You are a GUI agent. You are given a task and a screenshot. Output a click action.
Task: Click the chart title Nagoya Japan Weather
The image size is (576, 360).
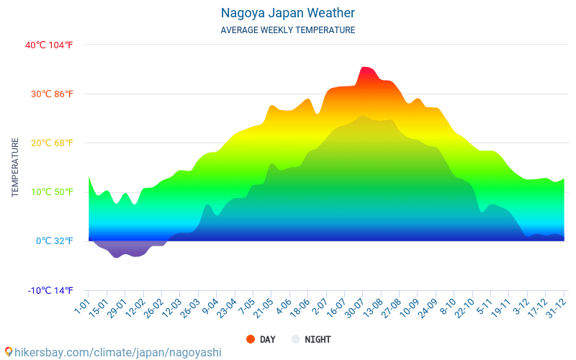click(287, 13)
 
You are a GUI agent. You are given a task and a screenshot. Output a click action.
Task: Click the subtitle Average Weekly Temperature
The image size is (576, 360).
click(287, 30)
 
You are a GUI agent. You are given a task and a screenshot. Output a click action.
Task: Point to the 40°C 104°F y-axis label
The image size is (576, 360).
click(49, 45)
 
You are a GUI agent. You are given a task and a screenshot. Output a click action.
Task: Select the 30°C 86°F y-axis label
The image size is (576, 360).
click(49, 94)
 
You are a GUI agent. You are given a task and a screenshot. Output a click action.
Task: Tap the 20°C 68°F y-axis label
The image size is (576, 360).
click(49, 143)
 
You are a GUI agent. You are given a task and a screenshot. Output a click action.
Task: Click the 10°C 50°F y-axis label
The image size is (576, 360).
click(49, 192)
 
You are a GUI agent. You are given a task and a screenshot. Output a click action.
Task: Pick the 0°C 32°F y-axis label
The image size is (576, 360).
click(55, 240)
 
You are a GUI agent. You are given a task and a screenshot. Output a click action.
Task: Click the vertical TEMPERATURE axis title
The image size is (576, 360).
click(15, 167)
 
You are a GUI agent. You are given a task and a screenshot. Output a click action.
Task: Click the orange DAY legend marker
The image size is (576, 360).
click(251, 339)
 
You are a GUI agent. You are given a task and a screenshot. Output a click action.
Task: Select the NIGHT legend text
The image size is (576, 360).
click(318, 339)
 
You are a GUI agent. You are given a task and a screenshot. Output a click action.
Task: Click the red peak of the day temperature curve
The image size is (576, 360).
click(366, 71)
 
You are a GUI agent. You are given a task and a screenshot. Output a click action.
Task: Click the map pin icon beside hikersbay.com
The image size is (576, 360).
click(8, 352)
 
